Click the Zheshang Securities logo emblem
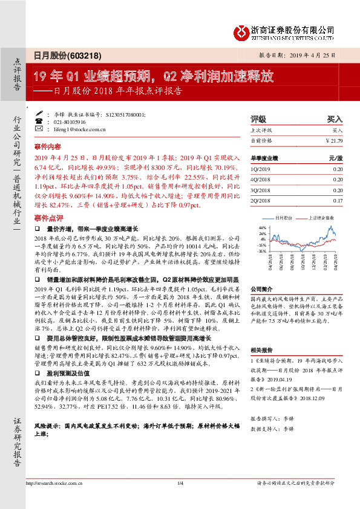pos(243,31)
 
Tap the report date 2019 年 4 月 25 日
pos(315,54)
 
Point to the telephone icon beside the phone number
pos(39,121)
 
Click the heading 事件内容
pos(48,146)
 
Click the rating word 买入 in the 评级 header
pos(335,119)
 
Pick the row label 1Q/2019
pos(261,170)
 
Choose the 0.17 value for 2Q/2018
pos(337,200)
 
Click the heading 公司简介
pos(261,290)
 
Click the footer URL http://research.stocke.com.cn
pos(56,499)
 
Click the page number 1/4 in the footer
pos(180,499)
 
